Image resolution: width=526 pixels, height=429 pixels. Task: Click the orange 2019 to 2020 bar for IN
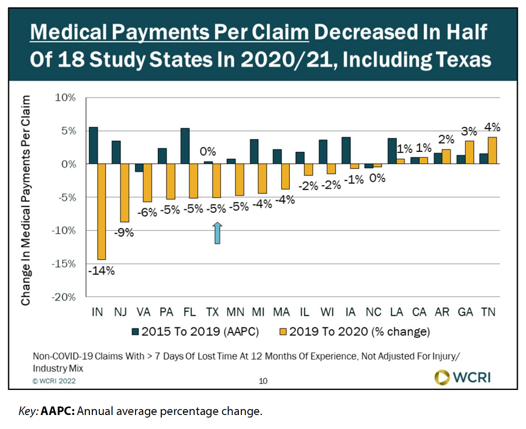pyautogui.click(x=102, y=212)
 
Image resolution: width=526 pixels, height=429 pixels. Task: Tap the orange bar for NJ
pyautogui.click(x=124, y=193)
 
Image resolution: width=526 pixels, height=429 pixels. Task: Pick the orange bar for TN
pyautogui.click(x=492, y=151)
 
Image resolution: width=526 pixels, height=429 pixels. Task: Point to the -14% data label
pyautogui.click(x=101, y=271)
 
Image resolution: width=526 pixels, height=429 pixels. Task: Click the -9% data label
pyautogui.click(x=125, y=233)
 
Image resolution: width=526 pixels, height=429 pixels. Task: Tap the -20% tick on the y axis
pyautogui.click(x=65, y=297)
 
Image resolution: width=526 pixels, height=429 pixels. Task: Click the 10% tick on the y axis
pyautogui.click(x=65, y=98)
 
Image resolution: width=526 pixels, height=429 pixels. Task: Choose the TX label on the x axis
pyautogui.click(x=213, y=312)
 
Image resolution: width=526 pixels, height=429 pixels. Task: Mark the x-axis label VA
pyautogui.click(x=144, y=312)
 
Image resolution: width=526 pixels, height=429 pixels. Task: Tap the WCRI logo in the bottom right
pyautogui.click(x=462, y=377)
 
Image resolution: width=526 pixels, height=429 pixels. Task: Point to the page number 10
pyautogui.click(x=263, y=381)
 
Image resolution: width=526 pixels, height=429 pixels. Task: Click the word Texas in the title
pyautogui.click(x=461, y=60)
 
